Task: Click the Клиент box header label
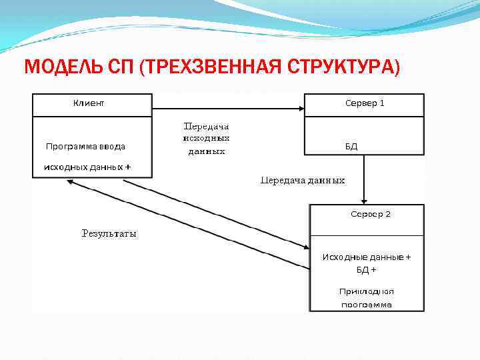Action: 88,103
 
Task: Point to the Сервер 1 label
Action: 365,103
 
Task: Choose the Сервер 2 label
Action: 371,214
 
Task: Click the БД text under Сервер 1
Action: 351,146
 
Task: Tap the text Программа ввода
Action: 85,146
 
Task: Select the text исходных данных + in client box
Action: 87,167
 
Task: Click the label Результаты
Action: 109,233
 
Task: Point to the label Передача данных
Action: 303,180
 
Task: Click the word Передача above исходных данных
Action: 206,125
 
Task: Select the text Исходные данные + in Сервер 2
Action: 367,257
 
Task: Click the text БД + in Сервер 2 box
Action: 366,270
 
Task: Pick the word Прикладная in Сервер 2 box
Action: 367,291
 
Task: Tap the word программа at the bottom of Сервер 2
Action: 367,305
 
